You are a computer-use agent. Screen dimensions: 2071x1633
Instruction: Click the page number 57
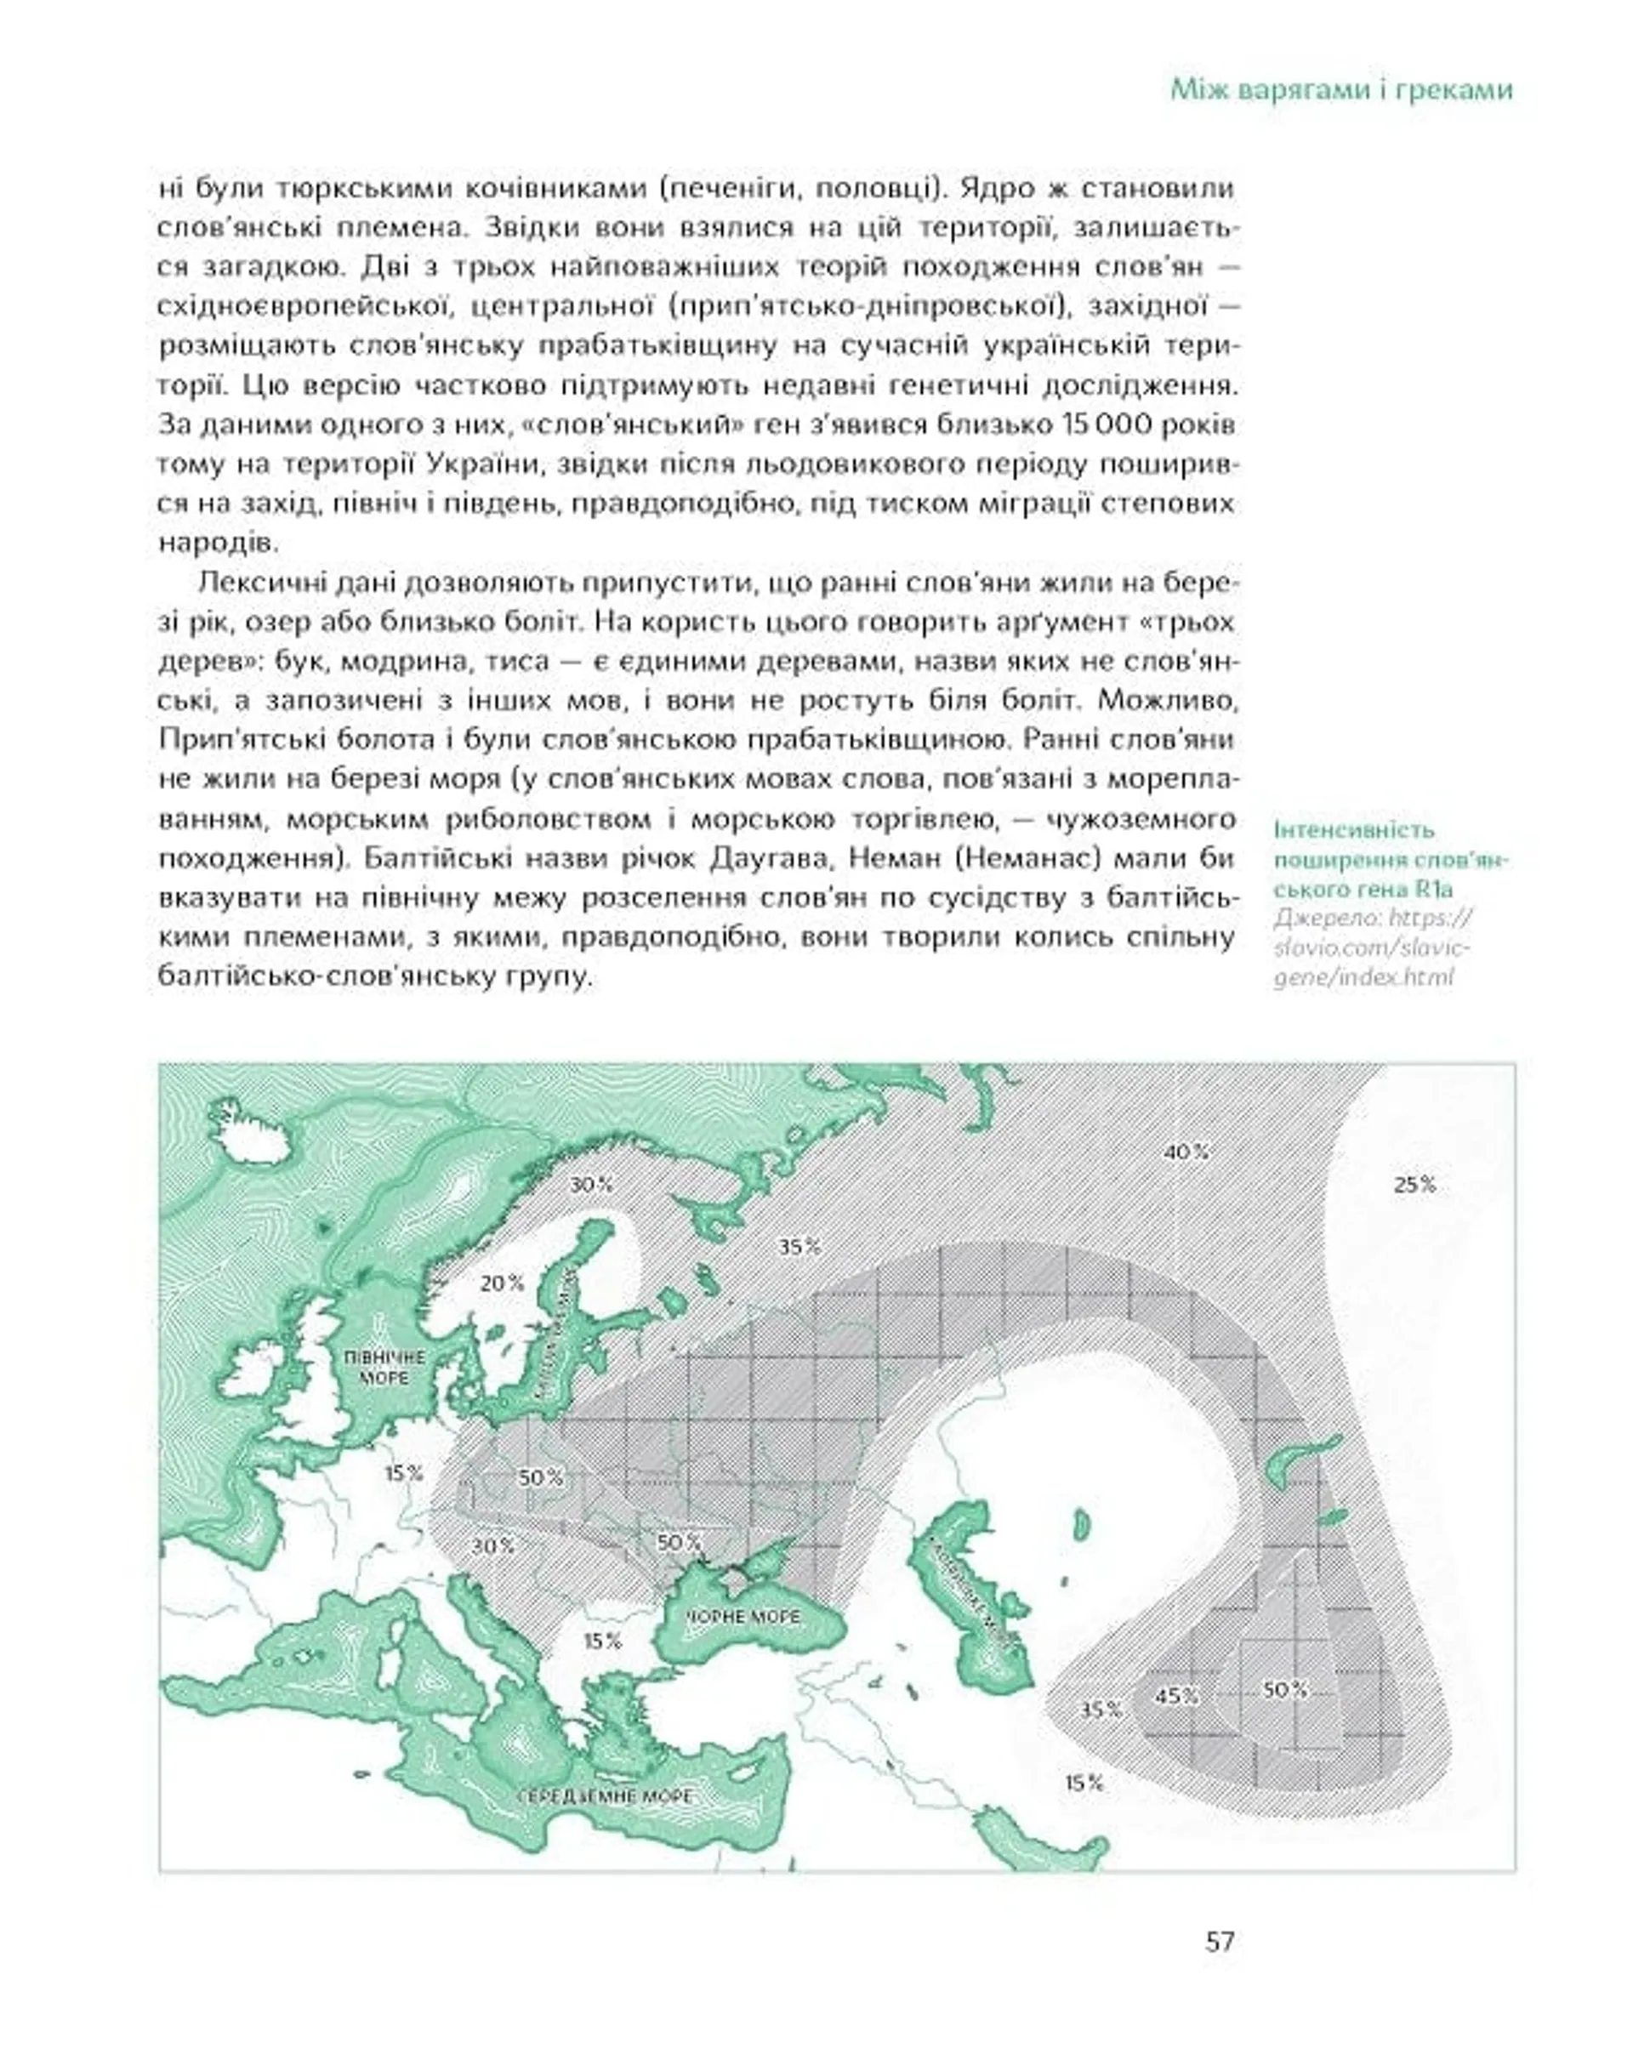(x=1220, y=1941)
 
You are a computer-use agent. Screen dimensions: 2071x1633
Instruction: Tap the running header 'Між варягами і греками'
(x=1341, y=91)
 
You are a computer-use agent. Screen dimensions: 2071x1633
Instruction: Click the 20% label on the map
(x=502, y=1283)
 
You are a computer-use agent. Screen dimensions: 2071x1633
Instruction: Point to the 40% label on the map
(x=1186, y=1152)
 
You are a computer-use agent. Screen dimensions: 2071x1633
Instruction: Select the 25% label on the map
(x=1414, y=1185)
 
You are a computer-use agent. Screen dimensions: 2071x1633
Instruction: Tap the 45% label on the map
(x=1176, y=1696)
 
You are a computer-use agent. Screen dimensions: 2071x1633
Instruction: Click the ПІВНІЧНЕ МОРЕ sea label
(x=385, y=1368)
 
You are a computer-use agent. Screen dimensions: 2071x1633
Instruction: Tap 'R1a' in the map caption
(x=1435, y=889)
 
